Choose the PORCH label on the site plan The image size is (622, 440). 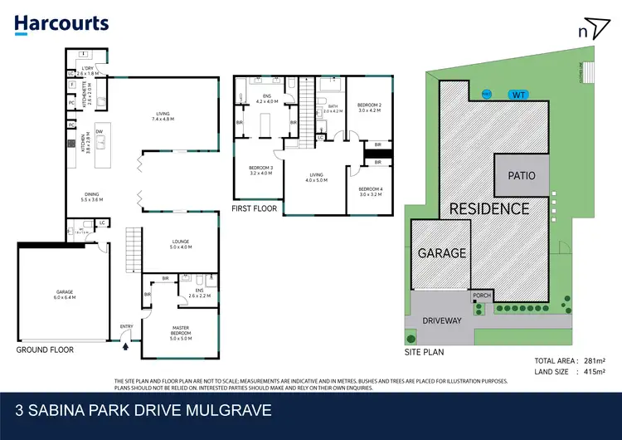pyautogui.click(x=481, y=295)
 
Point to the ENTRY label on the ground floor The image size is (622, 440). pyautogui.click(x=126, y=326)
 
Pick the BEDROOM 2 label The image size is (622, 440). pyautogui.click(x=368, y=106)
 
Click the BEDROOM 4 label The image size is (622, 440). pyautogui.click(x=370, y=191)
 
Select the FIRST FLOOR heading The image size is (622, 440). pyautogui.click(x=255, y=208)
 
